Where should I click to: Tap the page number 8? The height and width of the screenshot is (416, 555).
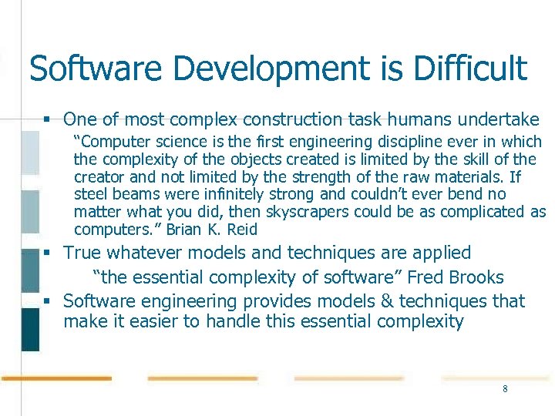coord(505,389)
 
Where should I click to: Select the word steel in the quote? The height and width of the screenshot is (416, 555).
coord(89,194)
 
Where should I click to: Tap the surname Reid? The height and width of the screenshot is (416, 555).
coord(242,230)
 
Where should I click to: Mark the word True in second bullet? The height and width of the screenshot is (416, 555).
coord(82,253)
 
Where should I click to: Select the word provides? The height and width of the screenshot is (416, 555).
coord(251,301)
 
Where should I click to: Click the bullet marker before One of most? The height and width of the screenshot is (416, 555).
coord(48,120)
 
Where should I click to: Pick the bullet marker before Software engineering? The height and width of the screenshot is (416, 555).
coord(48,302)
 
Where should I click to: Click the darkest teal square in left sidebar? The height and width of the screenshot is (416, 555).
coord(30,330)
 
